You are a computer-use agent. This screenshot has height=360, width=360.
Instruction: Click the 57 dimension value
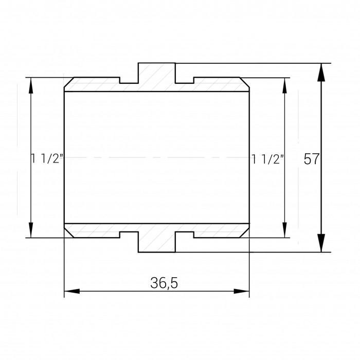(x=311, y=158)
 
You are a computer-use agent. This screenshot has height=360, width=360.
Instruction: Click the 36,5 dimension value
(x=164, y=283)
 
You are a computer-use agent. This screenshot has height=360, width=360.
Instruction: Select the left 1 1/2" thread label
(x=47, y=158)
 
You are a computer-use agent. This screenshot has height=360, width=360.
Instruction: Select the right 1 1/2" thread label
(x=268, y=159)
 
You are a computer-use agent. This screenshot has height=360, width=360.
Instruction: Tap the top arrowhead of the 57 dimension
(x=321, y=73)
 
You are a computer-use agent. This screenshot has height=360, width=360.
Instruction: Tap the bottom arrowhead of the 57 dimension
(x=321, y=243)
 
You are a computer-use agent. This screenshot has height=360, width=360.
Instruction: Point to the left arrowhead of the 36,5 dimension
(x=72, y=291)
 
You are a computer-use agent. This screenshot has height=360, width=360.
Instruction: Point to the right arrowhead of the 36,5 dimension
(x=242, y=291)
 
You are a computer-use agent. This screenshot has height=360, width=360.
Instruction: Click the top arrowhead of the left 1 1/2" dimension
(x=31, y=85)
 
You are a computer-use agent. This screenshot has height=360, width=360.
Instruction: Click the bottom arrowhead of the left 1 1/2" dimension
(x=31, y=230)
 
